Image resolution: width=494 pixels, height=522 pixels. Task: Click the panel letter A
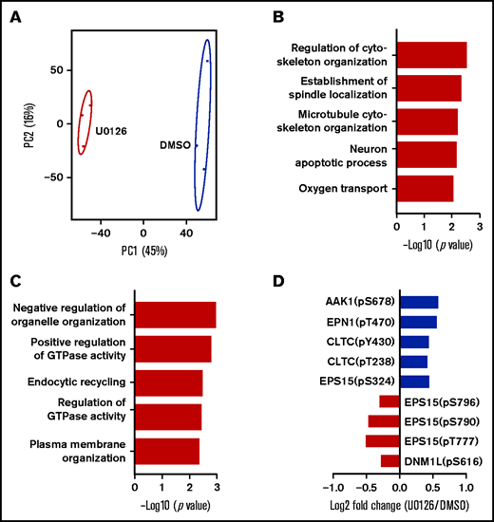pyautogui.click(x=16, y=16)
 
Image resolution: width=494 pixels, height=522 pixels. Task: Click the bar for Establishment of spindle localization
pyautogui.click(x=428, y=88)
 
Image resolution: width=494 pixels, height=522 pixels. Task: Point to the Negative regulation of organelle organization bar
pyautogui.click(x=176, y=314)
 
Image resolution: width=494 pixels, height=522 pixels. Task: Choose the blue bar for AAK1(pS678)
pyautogui.click(x=419, y=302)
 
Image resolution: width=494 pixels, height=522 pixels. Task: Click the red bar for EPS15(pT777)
pyautogui.click(x=382, y=440)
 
